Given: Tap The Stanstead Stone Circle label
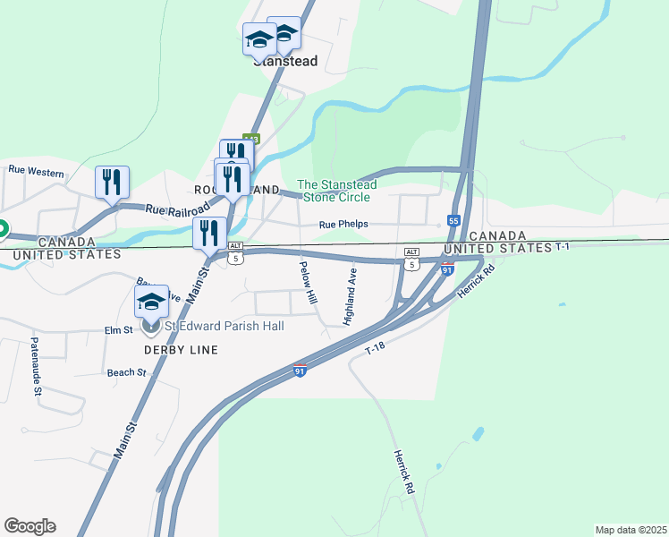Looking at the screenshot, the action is tap(336, 191).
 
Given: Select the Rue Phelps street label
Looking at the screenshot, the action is tap(343, 225).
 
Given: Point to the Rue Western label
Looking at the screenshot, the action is tap(36, 169).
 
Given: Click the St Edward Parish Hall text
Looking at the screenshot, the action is tap(223, 326).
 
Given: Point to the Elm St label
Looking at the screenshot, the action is tap(118, 330).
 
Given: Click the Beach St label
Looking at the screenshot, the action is tap(126, 372).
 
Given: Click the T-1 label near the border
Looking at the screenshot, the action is tap(562, 246).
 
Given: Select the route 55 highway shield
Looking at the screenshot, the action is tap(453, 220).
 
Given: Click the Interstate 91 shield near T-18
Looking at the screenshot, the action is tap(301, 370).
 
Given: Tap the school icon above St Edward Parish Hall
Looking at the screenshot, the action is tap(151, 301).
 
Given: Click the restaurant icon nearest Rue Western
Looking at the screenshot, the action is tap(112, 182).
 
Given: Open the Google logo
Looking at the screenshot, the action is tap(30, 526).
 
